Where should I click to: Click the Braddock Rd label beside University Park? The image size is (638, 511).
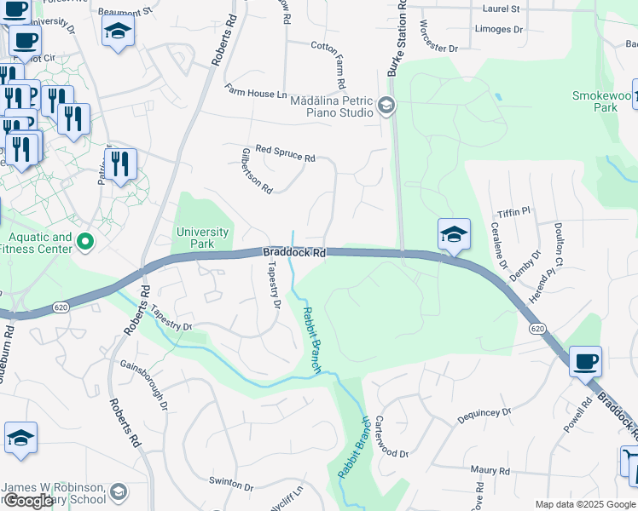click(294, 252)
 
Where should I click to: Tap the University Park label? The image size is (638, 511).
click(202, 238)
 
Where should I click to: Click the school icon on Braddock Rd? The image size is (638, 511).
click(454, 234)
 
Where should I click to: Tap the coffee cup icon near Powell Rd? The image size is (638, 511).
click(585, 360)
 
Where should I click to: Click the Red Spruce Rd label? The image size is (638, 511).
click(285, 153)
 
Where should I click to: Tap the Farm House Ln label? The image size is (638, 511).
click(256, 91)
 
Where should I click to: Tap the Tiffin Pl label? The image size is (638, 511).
click(514, 210)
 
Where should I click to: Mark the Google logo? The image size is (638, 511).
click(28, 501)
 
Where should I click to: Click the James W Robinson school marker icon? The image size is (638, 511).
click(118, 491)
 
